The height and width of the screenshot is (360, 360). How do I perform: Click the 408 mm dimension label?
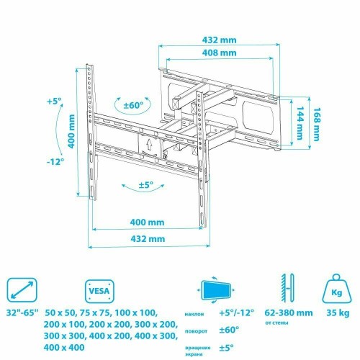point(219,53)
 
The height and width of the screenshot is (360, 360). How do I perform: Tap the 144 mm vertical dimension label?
point(299,123)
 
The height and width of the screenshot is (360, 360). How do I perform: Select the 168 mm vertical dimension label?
point(317,125)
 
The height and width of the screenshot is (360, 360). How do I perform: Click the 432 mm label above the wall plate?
point(219,40)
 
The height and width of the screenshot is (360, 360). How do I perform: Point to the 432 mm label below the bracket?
point(148,239)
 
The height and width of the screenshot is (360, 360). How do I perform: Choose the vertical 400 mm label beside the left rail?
point(71,131)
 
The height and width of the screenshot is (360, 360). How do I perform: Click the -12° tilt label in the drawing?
point(55,161)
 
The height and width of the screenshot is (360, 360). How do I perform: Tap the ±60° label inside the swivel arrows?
point(133,105)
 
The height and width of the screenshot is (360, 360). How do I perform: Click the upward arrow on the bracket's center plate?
point(149,145)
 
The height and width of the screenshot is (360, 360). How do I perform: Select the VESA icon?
point(99,291)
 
